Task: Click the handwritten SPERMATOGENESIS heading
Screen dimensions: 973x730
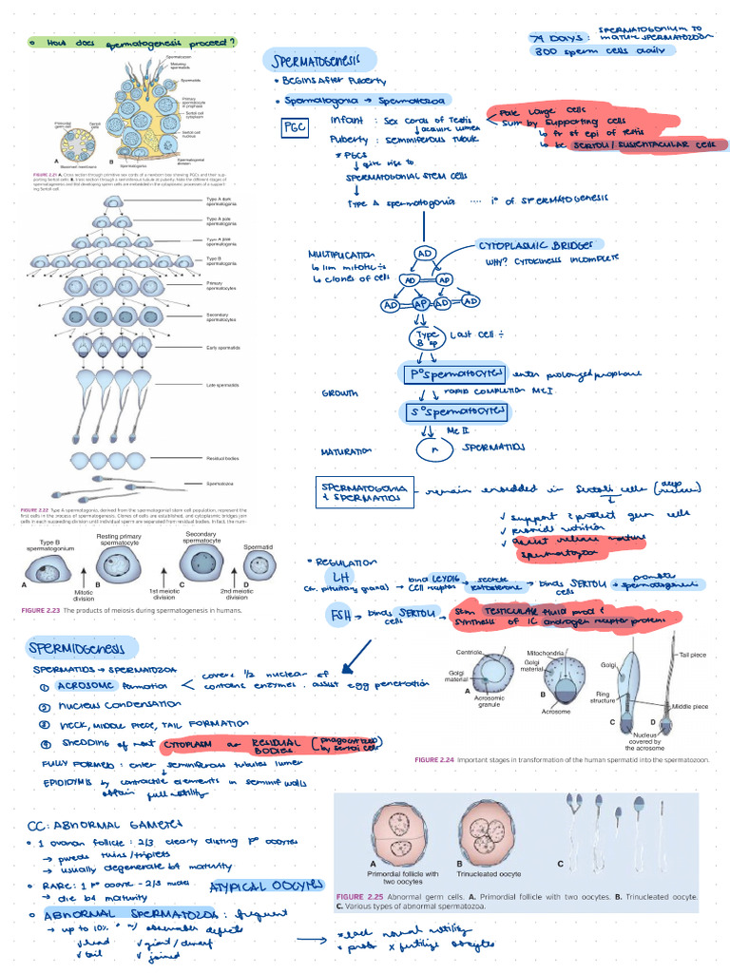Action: pyautogui.click(x=323, y=61)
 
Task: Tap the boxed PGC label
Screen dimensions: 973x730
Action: pyautogui.click(x=293, y=129)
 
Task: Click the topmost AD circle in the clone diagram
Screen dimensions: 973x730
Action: pyautogui.click(x=425, y=255)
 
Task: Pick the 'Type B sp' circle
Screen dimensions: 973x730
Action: pyautogui.click(x=426, y=339)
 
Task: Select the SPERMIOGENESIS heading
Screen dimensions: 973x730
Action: pyautogui.click(x=76, y=650)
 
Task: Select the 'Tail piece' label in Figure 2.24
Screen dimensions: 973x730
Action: pyautogui.click(x=692, y=656)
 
